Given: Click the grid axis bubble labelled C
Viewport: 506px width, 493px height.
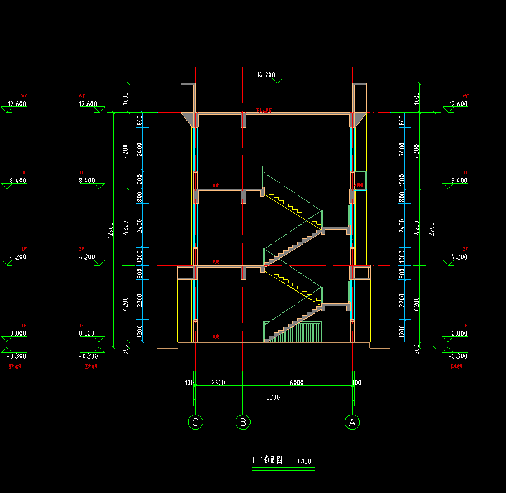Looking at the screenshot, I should point(196,422).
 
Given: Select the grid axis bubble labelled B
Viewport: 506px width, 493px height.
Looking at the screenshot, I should point(242,422).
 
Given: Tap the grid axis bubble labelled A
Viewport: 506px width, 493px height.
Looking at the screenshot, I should point(352,422).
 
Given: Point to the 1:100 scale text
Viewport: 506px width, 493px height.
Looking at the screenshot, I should point(305,462).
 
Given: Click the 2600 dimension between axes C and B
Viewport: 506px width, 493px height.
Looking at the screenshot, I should point(218,382).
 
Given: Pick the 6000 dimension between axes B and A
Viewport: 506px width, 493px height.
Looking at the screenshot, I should point(297,382).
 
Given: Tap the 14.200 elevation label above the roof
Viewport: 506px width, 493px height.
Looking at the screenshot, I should point(266,75).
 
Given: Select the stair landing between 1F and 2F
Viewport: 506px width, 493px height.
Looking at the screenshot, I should point(337,305).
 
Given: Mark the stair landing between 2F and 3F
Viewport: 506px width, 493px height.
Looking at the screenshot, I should point(337,228).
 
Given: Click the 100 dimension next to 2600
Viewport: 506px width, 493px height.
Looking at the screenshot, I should point(189,382).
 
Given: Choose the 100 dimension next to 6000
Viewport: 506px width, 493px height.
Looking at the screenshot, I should point(357,382).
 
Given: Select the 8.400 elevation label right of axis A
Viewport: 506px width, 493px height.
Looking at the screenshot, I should point(459,181).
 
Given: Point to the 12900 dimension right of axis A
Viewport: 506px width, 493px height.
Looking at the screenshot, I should point(430,229).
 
